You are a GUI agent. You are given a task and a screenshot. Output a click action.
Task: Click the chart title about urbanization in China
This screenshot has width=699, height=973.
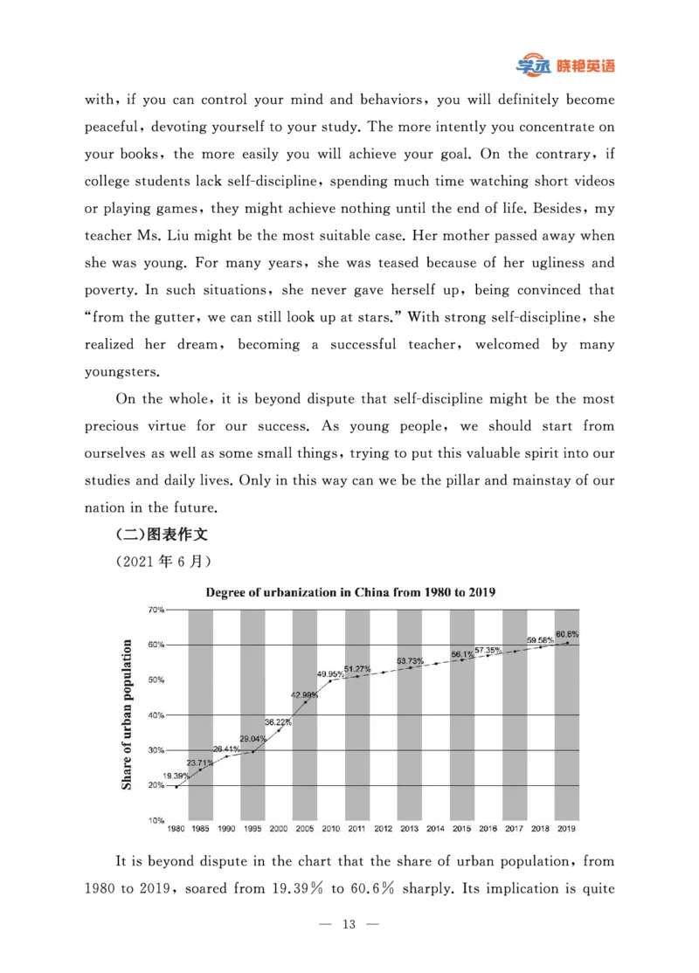coord(350,591)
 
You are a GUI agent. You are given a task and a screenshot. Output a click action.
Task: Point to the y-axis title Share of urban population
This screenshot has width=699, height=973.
coord(128,715)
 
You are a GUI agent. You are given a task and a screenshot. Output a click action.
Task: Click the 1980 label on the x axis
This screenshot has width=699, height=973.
coord(176,828)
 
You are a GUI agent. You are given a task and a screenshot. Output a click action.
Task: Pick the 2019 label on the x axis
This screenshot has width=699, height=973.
coord(566,828)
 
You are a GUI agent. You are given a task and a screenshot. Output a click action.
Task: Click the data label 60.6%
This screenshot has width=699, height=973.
coord(566,634)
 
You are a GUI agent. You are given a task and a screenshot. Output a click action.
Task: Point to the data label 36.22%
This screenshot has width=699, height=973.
coord(278,721)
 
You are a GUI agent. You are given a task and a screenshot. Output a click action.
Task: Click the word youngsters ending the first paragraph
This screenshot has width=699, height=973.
coord(122,372)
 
